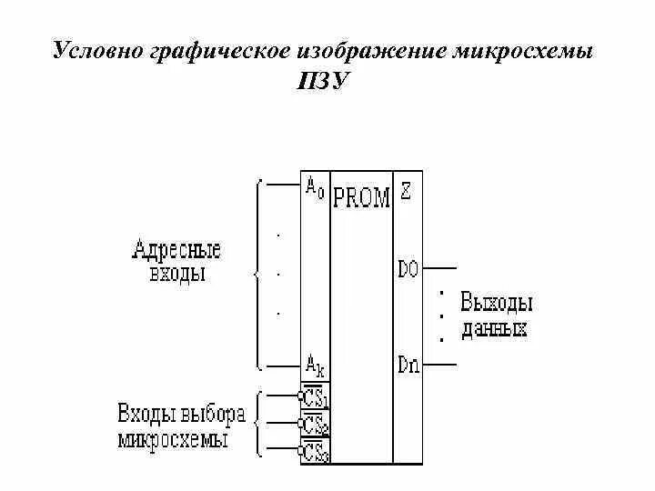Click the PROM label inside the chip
point(361,197)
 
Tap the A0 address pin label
point(313,190)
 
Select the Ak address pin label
point(315,366)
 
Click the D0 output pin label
point(408,269)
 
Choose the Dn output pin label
point(408,365)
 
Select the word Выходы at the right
point(497,302)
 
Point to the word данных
point(494,329)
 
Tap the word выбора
point(214,415)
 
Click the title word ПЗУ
point(323,81)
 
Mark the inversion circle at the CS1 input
point(301,396)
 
